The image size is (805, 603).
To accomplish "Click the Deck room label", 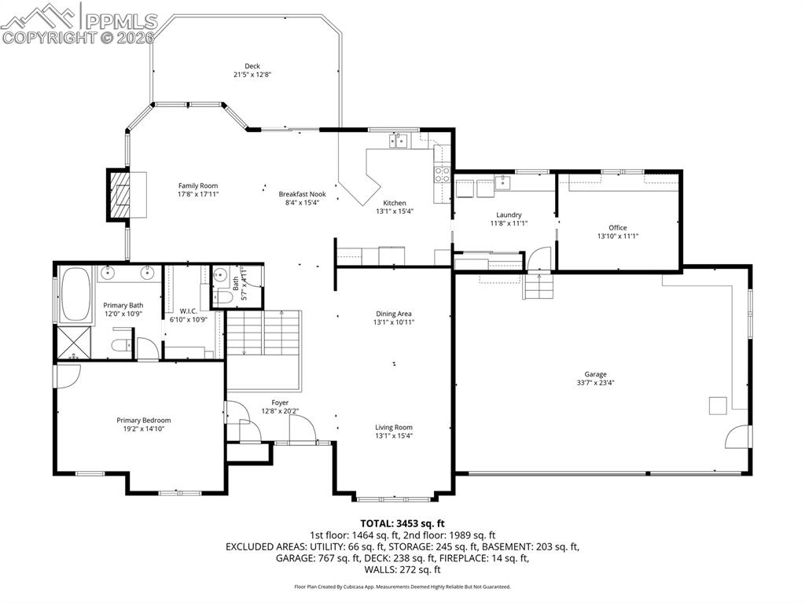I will click(x=252, y=66).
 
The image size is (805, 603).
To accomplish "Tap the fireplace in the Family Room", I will click(x=119, y=194).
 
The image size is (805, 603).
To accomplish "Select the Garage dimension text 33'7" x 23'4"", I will click(x=595, y=383).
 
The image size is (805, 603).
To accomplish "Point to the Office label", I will click(x=617, y=228).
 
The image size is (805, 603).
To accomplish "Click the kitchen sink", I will click(x=399, y=141).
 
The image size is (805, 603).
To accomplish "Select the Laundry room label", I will click(x=509, y=215).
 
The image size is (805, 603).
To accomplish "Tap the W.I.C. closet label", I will click(x=188, y=311).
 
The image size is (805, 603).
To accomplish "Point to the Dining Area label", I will click(x=394, y=314).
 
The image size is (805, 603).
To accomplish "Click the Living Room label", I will click(x=394, y=428).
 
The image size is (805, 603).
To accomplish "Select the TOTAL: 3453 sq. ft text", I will click(x=402, y=523).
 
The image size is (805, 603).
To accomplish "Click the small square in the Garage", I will click(x=717, y=405).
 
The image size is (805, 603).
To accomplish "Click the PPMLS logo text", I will click(x=119, y=21).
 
